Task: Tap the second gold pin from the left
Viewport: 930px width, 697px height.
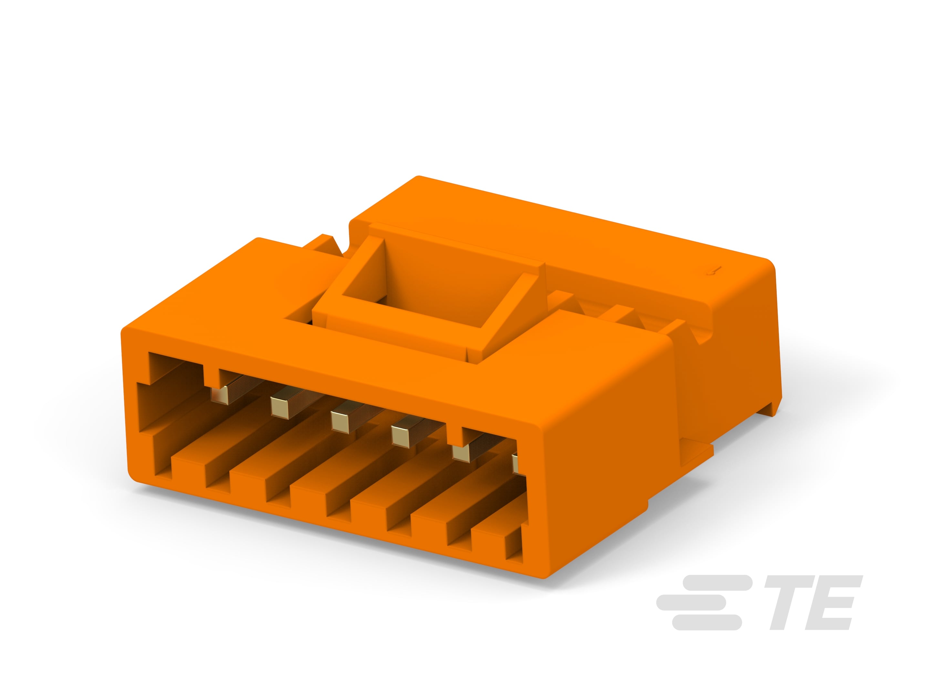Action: tap(280, 406)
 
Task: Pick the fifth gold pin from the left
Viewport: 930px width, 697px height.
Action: tap(461, 452)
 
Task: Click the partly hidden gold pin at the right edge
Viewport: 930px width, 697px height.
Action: tap(515, 462)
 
